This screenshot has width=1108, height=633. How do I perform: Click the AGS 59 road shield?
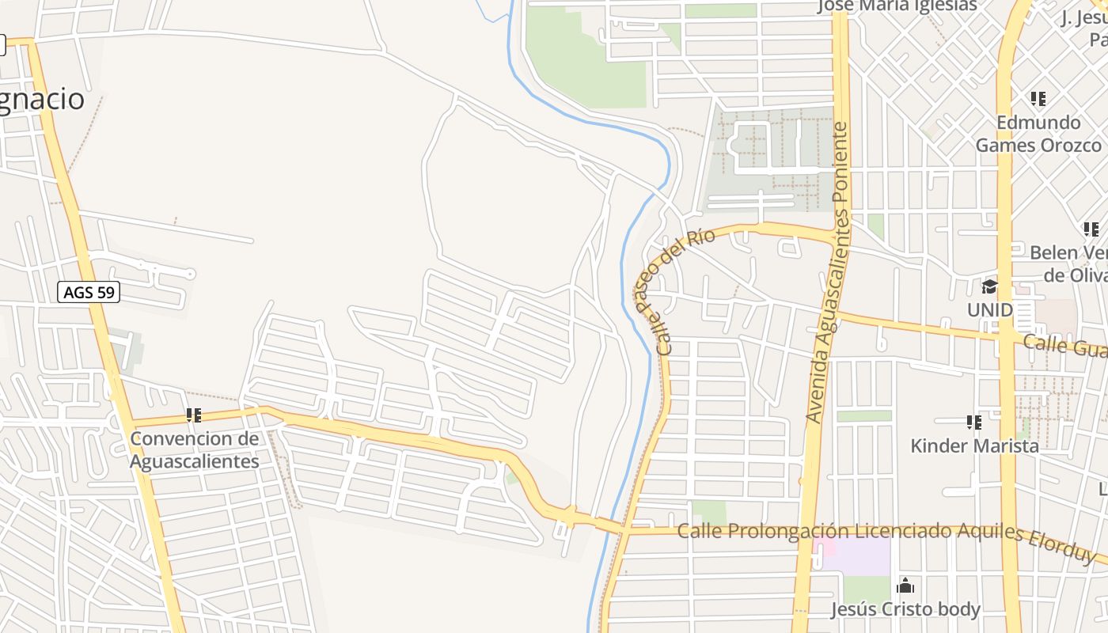pos(89,292)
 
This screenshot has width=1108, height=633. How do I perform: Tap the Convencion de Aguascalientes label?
pos(194,449)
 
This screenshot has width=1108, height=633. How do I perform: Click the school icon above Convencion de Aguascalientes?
pos(194,415)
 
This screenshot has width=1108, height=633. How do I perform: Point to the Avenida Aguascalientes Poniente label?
pos(828,273)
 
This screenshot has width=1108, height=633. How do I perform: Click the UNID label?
pos(989,309)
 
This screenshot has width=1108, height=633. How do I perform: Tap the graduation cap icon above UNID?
pos(989,286)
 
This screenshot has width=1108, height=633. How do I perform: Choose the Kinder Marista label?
pos(974,445)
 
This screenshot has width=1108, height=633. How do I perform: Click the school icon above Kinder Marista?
pos(974,423)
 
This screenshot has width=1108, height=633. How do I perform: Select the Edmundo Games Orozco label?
pos(1038,134)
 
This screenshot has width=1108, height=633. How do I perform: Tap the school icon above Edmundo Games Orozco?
pos(1038,99)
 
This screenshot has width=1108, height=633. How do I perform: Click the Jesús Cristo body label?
pos(905,609)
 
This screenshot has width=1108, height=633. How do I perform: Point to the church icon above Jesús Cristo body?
pos(905,586)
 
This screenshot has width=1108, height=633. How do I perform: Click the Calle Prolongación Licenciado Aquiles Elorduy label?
pos(886,533)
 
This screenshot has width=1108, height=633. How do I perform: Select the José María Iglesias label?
pos(897,6)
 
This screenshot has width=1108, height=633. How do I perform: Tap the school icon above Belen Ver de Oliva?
pos(1091,229)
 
